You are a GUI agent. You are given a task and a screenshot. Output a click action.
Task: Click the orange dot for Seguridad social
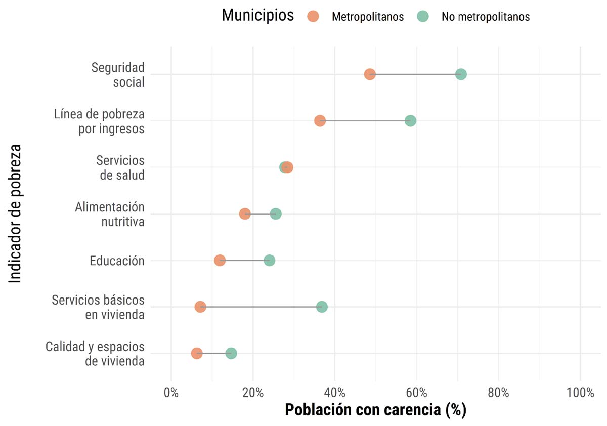coord(370,74)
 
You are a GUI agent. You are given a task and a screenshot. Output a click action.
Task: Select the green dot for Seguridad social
coord(461,74)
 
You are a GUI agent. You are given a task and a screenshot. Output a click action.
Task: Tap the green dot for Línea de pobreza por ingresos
coord(411,121)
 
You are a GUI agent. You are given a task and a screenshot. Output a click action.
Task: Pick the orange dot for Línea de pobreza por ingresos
coord(320,121)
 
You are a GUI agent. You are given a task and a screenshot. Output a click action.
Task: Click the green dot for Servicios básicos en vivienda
coord(322,307)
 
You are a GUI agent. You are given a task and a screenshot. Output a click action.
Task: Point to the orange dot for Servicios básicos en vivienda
coord(200,307)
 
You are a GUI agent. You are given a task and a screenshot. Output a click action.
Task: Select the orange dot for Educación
coord(220,261)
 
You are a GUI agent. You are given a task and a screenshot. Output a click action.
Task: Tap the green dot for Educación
coord(270,261)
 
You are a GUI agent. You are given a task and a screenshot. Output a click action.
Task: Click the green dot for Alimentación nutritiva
coord(276,214)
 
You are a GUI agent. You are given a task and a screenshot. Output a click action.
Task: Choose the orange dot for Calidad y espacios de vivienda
coord(197,353)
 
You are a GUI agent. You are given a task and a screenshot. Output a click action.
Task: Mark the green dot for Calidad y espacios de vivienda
coord(231,353)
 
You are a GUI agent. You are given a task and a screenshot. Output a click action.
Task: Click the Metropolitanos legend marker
coord(313,16)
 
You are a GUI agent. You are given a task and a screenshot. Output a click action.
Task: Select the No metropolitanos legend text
coord(485,17)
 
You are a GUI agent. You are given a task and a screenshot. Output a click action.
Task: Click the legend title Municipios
coord(257,16)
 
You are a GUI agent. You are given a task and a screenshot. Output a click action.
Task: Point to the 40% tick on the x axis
coord(335,393)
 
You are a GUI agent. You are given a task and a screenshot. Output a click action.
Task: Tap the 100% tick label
coord(580,393)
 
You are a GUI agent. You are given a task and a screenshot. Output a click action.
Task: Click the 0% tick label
coord(171,393)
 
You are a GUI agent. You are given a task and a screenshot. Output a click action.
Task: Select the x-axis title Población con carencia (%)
coord(375,410)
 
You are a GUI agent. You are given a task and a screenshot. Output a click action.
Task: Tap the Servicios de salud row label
coord(120,167)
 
